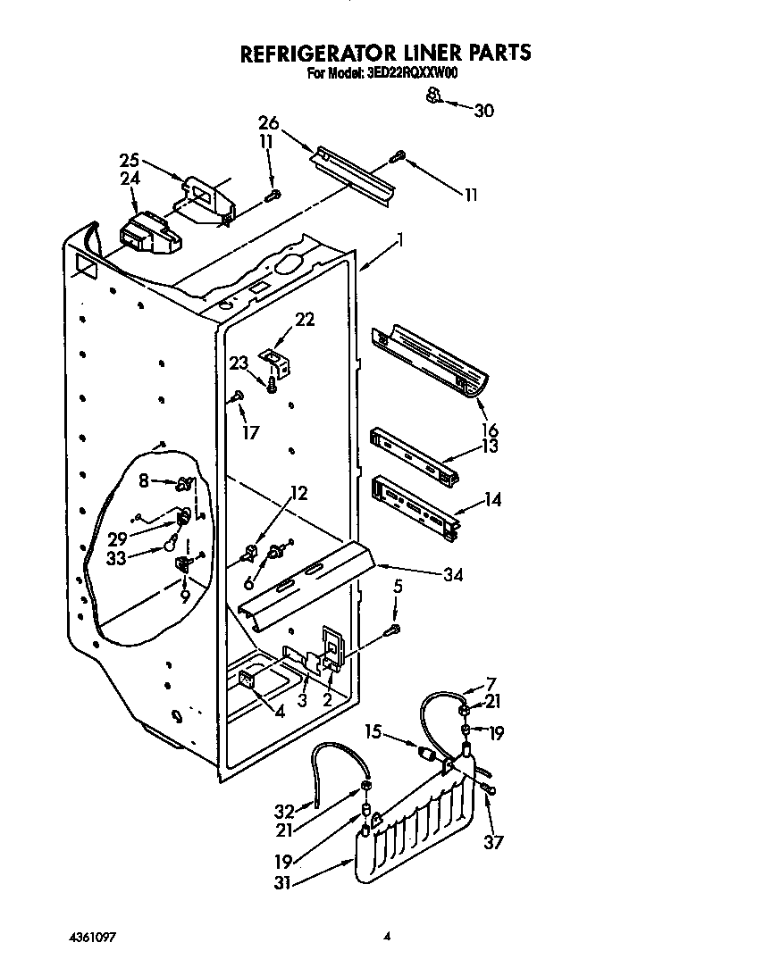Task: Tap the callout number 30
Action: (482, 111)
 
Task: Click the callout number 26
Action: (269, 122)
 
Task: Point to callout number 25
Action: (130, 161)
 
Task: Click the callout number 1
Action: (401, 239)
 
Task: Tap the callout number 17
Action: (251, 432)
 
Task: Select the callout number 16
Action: (490, 430)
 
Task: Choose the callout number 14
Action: (491, 501)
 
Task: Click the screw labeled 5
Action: (391, 630)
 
